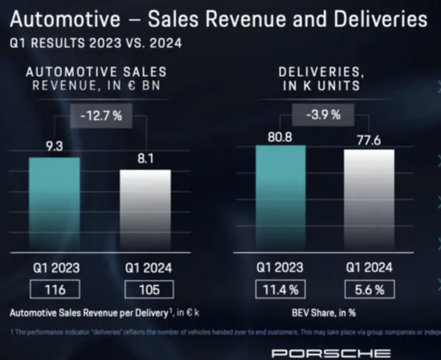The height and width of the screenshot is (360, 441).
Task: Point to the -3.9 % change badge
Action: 324,114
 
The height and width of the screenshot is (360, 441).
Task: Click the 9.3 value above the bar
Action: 54,147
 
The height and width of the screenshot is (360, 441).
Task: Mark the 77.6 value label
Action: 369,140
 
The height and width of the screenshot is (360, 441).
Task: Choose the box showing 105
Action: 149,290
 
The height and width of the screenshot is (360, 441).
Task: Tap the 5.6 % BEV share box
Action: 369,290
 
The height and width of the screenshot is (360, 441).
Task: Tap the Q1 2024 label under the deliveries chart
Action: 369,267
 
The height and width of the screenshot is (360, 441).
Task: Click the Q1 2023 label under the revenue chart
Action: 55,267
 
